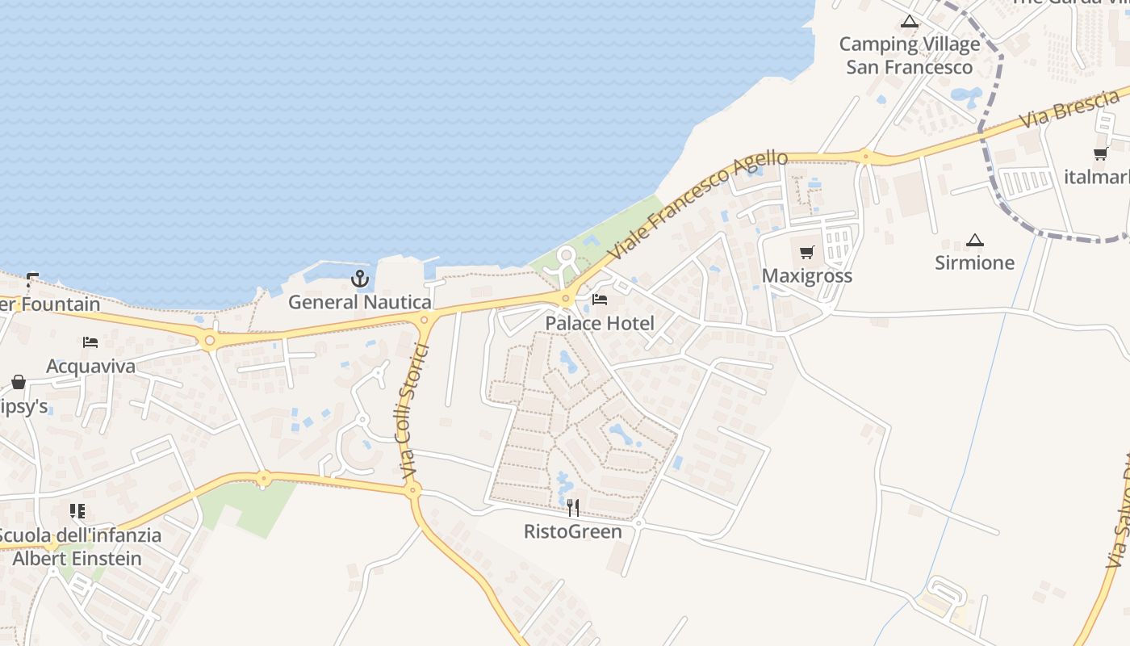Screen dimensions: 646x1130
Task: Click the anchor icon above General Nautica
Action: click(x=360, y=279)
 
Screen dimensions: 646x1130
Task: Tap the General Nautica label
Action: click(x=360, y=303)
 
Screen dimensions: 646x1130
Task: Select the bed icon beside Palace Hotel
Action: click(x=600, y=300)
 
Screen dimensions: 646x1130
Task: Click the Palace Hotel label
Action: click(x=600, y=324)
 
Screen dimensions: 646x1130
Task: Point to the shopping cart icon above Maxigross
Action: click(x=807, y=253)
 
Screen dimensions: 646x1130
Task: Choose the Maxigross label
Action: click(x=807, y=276)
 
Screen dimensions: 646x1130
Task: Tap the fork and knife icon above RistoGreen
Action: click(x=573, y=507)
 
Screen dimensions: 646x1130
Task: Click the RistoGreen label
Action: click(x=573, y=531)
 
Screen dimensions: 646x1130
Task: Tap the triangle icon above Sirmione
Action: click(x=975, y=240)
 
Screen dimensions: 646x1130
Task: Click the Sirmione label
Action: click(x=975, y=263)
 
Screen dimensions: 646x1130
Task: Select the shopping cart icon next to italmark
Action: click(x=1100, y=153)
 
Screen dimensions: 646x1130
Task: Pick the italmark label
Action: click(x=1098, y=177)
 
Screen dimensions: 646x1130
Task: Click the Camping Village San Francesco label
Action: click(x=910, y=56)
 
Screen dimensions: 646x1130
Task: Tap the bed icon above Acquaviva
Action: click(x=90, y=342)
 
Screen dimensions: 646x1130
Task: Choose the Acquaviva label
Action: click(x=90, y=367)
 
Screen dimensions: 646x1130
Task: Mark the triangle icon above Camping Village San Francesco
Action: click(x=910, y=21)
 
